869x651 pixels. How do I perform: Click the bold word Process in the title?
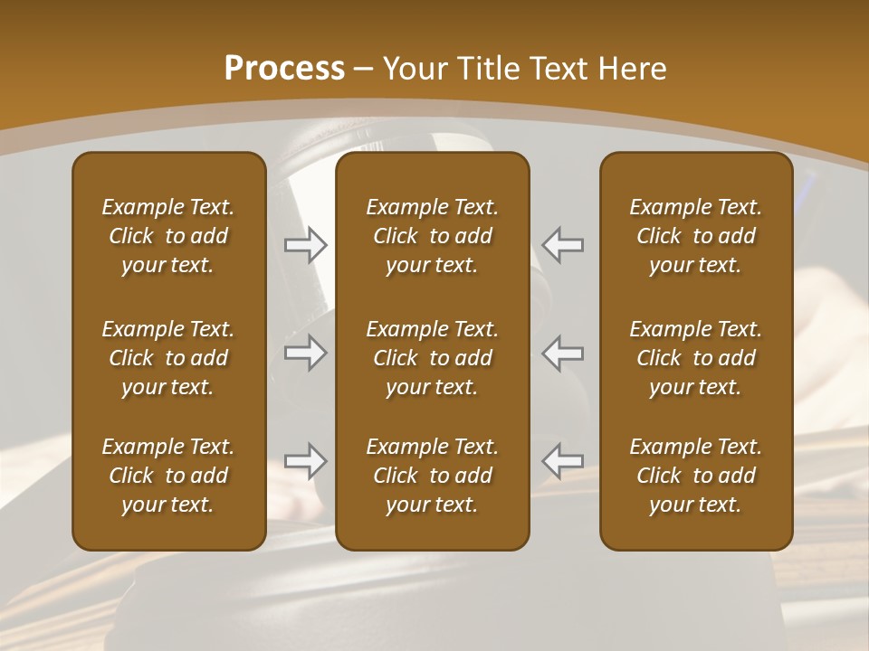point(283,69)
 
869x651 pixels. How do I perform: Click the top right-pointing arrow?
point(306,245)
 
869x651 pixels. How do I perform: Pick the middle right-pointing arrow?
point(306,353)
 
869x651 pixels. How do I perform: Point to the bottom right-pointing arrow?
point(306,461)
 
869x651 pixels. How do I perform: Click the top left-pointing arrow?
point(563,245)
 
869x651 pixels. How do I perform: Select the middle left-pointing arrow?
point(563,353)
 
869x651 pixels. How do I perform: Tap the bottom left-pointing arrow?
point(563,461)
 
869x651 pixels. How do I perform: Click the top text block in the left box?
point(168,236)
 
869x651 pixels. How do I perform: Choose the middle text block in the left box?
point(168,358)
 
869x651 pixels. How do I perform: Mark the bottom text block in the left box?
point(168,476)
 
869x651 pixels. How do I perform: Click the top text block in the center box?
point(433,236)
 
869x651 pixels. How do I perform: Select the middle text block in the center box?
point(433,358)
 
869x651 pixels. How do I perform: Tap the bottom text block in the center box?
point(433,476)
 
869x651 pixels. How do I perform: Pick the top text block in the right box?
point(696,236)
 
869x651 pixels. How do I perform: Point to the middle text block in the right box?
point(696,358)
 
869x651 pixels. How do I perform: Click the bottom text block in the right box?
point(696,476)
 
